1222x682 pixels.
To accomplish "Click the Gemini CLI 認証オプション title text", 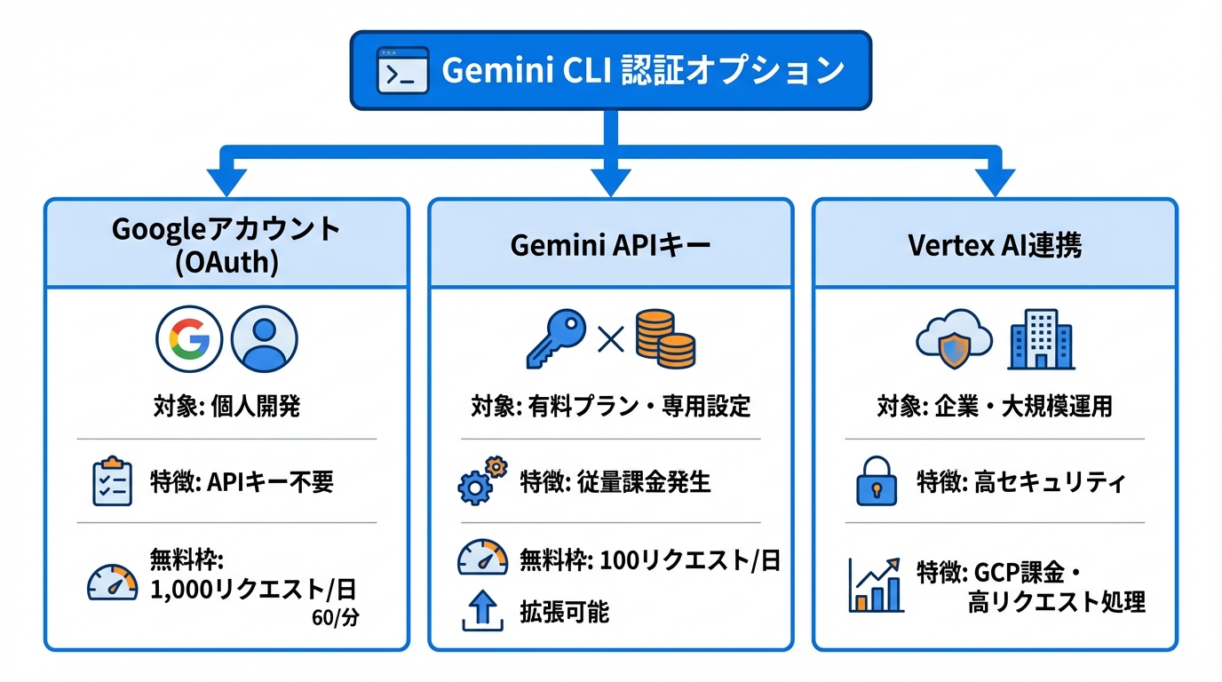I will [x=641, y=70].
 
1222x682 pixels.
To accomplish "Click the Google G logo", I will [x=189, y=339].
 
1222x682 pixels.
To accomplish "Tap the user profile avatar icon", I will [x=264, y=339].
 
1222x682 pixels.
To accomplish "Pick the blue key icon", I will [x=556, y=338].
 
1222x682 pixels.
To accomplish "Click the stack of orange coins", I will [x=664, y=338].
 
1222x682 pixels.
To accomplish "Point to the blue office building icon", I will [x=1041, y=339].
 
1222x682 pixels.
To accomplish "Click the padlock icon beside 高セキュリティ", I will [x=876, y=482].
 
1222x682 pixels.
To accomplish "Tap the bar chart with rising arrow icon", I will [x=876, y=585].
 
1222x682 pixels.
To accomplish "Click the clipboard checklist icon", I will [x=112, y=482].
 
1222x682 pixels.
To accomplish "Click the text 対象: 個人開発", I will [x=226, y=407].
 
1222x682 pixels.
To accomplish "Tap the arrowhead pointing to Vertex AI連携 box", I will [x=995, y=182].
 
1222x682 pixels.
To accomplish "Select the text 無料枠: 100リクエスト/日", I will [x=649, y=560].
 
